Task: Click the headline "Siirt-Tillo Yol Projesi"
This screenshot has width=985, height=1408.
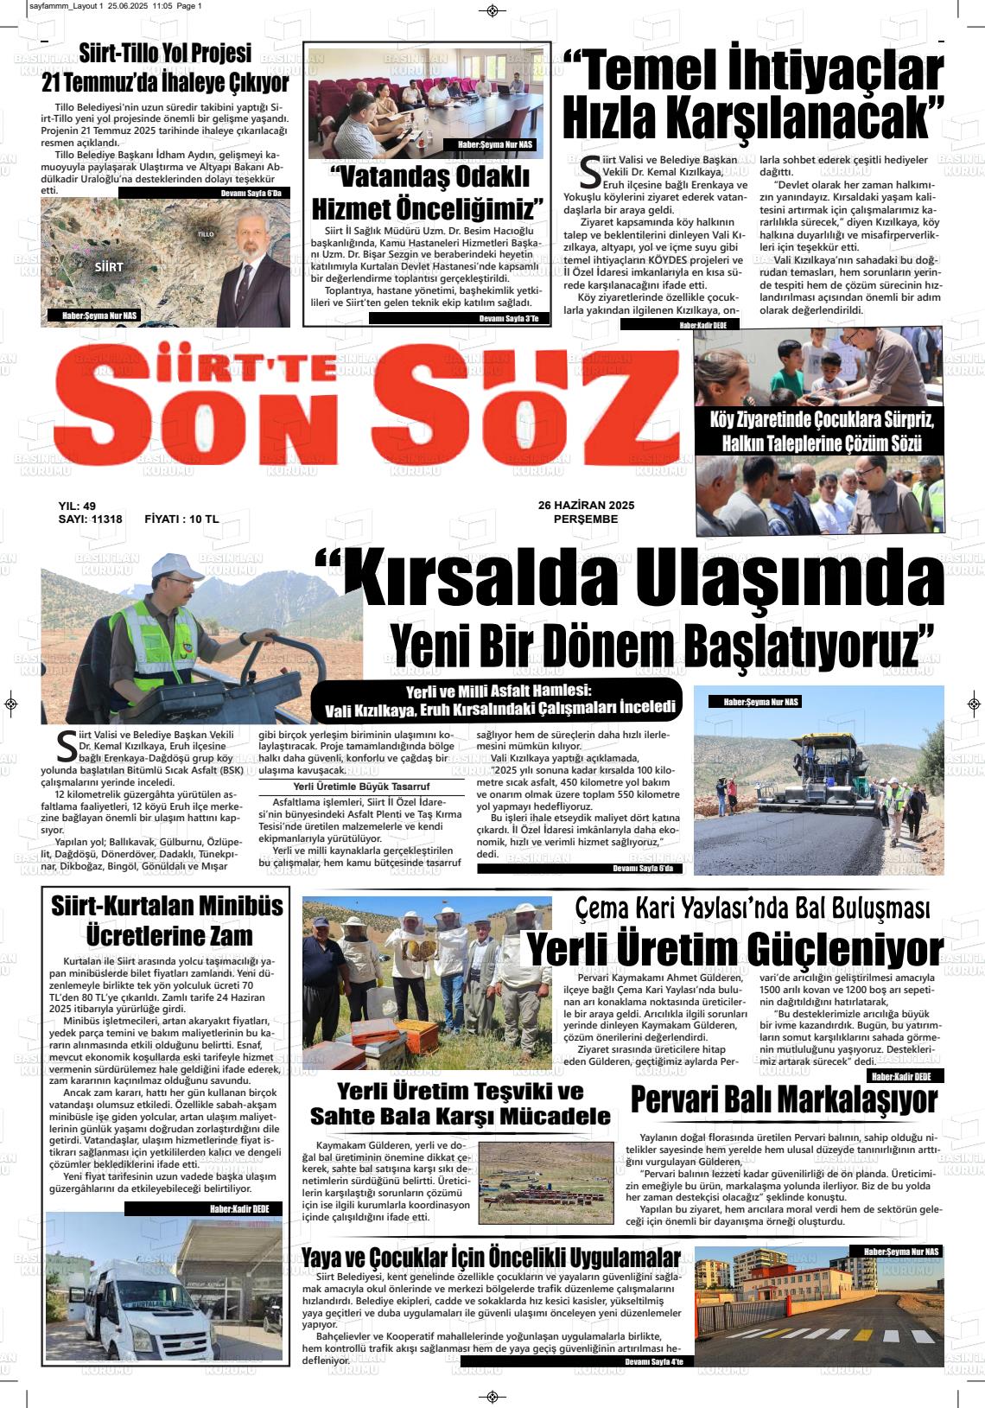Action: [x=165, y=54]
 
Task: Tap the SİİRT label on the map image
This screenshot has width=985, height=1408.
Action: [x=109, y=267]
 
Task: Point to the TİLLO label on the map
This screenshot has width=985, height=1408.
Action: [x=206, y=234]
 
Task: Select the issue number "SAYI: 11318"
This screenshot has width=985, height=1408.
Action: [x=90, y=519]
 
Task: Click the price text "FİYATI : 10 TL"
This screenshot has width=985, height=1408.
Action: [x=181, y=519]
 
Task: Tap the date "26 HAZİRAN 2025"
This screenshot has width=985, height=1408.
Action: [x=586, y=506]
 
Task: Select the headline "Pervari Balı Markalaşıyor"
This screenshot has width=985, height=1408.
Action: [x=784, y=1100]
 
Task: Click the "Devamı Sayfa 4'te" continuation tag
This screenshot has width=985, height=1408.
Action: [x=652, y=1362]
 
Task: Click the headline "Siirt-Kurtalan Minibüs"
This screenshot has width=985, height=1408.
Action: [x=167, y=906]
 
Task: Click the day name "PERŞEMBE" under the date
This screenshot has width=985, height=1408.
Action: [x=586, y=519]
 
